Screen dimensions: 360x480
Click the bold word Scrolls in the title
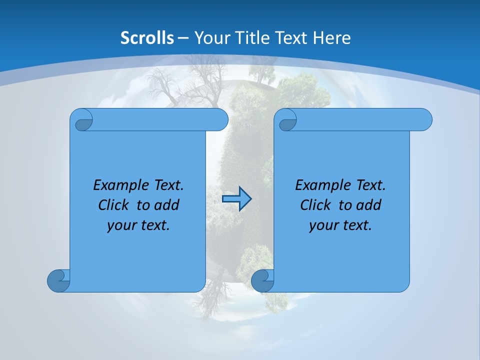pos(147,37)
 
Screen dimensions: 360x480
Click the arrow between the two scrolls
pos(236,199)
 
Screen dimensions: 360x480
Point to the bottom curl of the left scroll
pos(58,280)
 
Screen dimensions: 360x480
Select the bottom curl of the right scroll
pos(262,281)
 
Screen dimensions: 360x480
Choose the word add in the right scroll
pos(368,205)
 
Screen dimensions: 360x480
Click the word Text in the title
pos(290,37)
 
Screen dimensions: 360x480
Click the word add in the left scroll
pos(166,205)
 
